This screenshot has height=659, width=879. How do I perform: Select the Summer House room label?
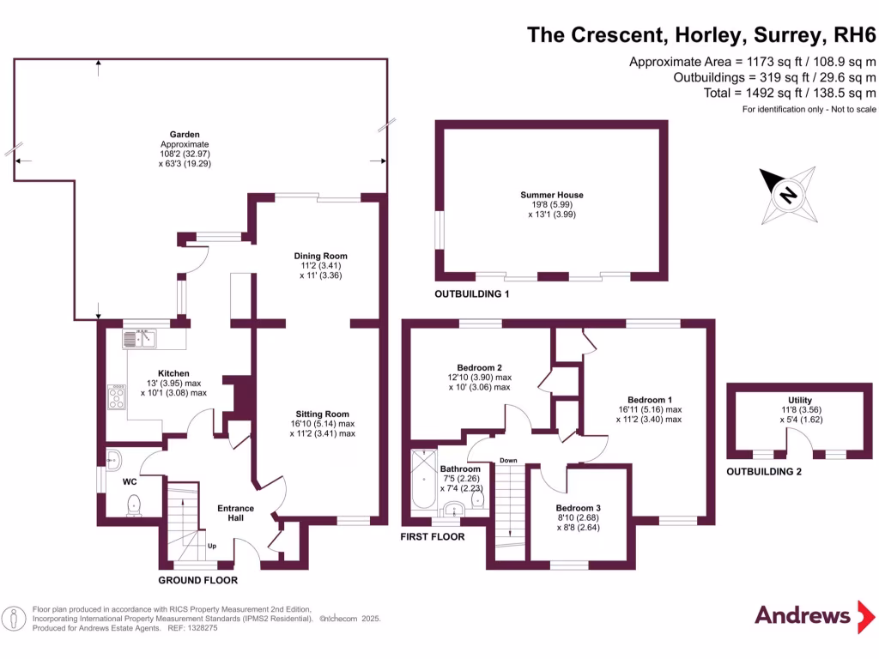tap(551, 195)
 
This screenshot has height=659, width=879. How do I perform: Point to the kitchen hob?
tap(116, 397)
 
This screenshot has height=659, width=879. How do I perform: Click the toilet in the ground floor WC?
tap(134, 509)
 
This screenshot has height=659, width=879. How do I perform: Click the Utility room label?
tap(799, 401)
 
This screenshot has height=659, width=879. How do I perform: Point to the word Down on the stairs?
tap(508, 461)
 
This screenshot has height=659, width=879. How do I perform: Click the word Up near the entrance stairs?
tap(211, 546)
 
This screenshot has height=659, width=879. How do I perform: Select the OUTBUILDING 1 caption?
tap(472, 294)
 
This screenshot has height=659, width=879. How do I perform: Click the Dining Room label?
tap(320, 256)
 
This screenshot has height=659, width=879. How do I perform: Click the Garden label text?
tap(185, 135)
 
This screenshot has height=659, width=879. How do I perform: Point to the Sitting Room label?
tap(322, 414)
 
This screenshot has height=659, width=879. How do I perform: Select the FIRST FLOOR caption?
tap(433, 537)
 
